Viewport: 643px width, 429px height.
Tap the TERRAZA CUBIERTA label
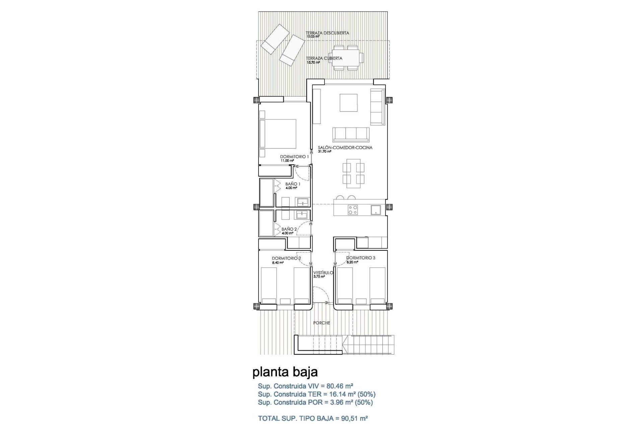pos(324,58)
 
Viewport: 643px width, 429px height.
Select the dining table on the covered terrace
pos(345,58)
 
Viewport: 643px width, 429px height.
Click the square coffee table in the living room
pos(348,103)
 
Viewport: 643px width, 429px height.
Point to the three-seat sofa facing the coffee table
pos(351,134)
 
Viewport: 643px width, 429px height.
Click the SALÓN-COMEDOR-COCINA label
pos(345,147)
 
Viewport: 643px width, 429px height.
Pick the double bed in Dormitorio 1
pos(278,138)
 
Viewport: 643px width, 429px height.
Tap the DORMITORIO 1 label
pos(294,157)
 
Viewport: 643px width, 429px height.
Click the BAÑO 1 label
pos(293,184)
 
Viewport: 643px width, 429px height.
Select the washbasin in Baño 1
pos(302,202)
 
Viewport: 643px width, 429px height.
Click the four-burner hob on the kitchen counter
pos(353,210)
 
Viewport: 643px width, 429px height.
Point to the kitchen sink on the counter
pos(375,210)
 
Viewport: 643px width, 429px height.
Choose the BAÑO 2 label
pos(289,229)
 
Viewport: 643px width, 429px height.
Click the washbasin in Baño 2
pos(302,214)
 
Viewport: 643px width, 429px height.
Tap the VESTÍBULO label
pos(323,273)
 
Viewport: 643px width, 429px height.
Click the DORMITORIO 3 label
pos(361,258)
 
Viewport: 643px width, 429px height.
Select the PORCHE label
pos(321,323)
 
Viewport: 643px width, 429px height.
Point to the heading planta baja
pos(285,372)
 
